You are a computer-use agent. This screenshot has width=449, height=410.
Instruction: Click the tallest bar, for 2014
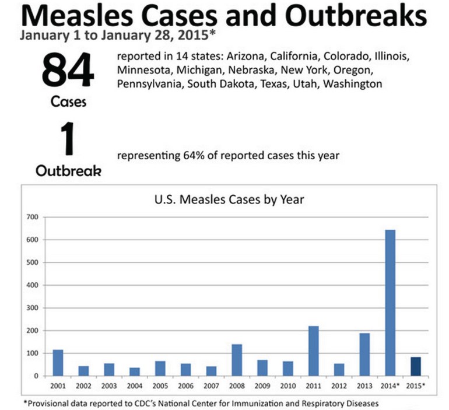click(390, 303)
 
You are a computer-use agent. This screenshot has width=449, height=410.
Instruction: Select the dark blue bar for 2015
click(415, 366)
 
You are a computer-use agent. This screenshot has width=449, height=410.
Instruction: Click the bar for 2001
click(58, 363)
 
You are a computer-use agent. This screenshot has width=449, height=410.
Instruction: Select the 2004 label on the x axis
click(135, 386)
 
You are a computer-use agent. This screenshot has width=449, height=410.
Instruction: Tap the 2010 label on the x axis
click(287, 386)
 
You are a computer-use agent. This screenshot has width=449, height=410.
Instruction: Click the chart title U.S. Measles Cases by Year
click(229, 199)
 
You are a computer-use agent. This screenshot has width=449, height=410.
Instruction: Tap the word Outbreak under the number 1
click(69, 171)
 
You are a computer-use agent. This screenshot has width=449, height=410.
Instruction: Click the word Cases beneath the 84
click(69, 101)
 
